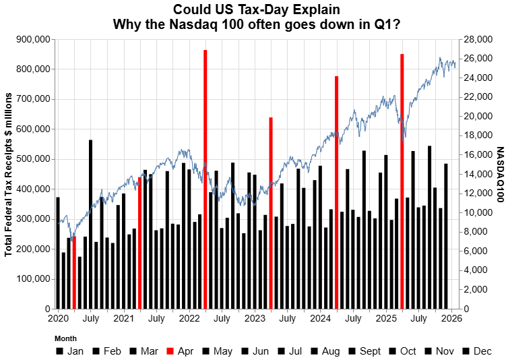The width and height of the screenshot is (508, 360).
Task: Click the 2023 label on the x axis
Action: tap(255, 318)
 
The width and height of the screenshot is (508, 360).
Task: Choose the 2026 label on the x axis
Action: tap(451, 318)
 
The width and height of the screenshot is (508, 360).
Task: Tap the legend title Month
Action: tap(65, 338)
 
